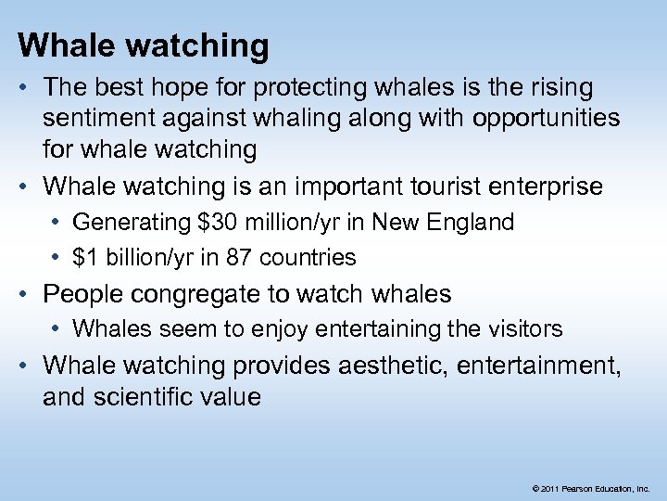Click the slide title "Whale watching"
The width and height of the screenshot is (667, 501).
pos(144,45)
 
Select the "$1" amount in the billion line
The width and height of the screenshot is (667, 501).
pos(85,257)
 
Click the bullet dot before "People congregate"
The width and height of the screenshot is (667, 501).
pos(25,294)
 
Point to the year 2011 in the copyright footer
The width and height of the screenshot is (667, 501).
pos(549,487)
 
